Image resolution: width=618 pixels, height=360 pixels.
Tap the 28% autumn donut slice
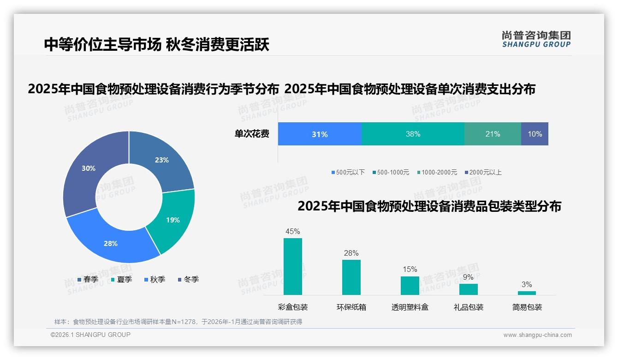click(113, 240)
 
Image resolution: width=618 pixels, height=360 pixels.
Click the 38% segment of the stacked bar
click(413, 134)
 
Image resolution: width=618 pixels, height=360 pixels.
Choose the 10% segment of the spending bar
click(535, 134)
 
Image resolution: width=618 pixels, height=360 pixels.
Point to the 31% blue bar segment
click(320, 134)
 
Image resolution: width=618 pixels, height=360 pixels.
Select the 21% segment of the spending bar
click(493, 134)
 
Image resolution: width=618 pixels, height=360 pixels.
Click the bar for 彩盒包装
click(293, 266)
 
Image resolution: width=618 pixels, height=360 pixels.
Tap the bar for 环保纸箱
click(351, 277)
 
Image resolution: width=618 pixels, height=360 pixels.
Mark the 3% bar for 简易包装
click(527, 293)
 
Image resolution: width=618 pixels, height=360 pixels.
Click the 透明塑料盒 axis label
click(410, 307)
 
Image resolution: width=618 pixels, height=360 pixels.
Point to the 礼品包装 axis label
click(469, 307)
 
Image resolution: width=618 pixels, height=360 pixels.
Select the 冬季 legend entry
click(188, 279)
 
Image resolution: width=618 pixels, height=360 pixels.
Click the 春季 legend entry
click(88, 279)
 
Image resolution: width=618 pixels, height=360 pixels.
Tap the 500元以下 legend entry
click(348, 172)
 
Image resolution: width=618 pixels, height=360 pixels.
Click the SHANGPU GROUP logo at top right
click(536, 39)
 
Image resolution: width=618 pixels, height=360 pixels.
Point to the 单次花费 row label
click(252, 134)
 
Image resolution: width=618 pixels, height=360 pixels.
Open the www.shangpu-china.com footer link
click(537, 335)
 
